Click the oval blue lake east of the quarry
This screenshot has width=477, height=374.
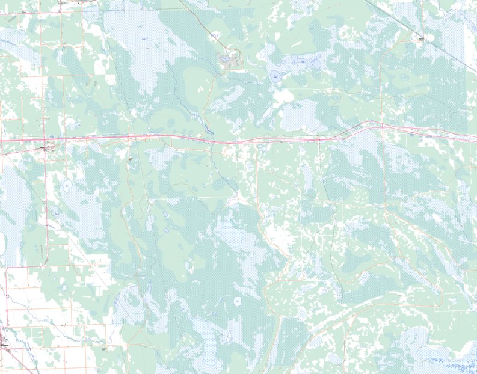(275, 76)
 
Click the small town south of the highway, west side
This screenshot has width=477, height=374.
(49, 147)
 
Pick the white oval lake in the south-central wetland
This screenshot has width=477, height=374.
(238, 300)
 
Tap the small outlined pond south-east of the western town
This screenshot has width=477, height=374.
(67, 185)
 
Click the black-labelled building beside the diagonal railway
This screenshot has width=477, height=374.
(421, 40)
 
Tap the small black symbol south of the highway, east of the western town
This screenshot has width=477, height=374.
(129, 158)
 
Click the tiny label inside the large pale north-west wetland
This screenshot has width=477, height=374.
(144, 39)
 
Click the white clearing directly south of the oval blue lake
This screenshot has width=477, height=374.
(283, 95)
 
